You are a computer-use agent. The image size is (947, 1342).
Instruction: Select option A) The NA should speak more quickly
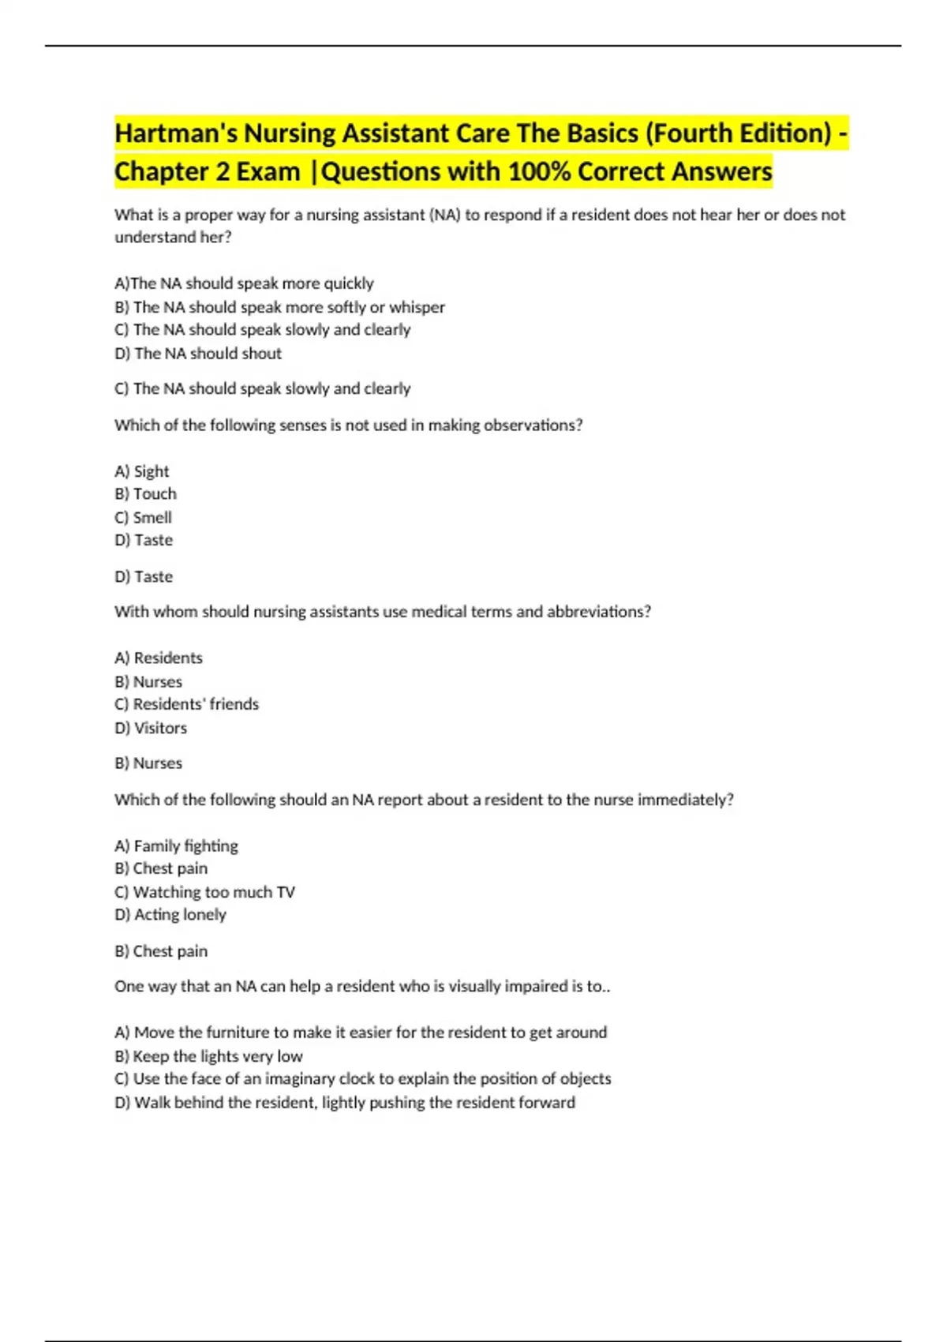(x=244, y=283)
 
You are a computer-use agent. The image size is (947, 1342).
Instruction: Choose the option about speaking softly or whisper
(x=279, y=307)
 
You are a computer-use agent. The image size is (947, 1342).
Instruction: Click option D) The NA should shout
(x=198, y=354)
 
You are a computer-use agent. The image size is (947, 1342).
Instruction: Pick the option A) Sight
(x=142, y=471)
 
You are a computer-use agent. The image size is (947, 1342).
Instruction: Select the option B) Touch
(x=146, y=494)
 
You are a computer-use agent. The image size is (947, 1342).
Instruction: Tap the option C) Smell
(x=143, y=518)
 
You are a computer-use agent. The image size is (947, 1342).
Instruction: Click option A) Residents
(x=159, y=658)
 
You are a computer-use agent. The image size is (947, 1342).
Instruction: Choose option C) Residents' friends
(x=186, y=704)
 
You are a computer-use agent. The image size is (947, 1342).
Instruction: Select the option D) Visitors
(x=151, y=728)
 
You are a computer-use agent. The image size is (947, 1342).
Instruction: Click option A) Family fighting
(x=176, y=846)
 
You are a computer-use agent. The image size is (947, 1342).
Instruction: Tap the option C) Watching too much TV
(x=204, y=892)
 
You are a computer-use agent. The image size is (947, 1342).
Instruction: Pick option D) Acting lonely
(x=170, y=915)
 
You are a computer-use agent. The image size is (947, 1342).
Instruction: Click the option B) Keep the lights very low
(x=208, y=1056)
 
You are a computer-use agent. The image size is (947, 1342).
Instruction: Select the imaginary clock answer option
(x=362, y=1079)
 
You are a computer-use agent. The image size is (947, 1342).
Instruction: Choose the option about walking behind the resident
(x=344, y=1103)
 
